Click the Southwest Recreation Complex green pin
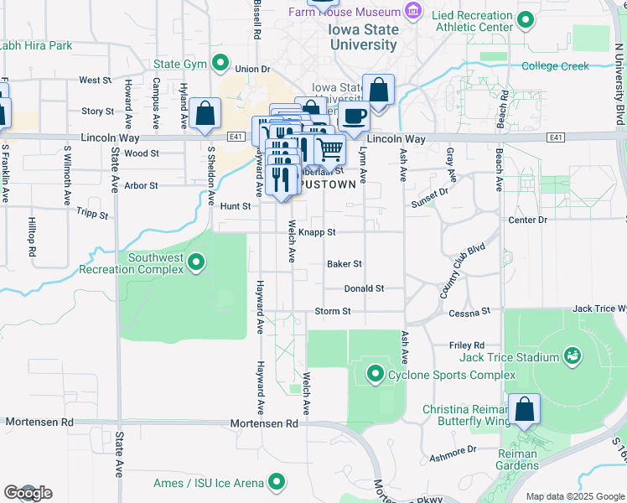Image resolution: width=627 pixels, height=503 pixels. click(196, 263)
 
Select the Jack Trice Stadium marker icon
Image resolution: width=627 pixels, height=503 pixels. click(573, 357)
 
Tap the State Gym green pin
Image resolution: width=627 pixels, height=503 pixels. click(220, 63)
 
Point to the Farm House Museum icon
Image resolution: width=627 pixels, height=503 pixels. click(413, 12)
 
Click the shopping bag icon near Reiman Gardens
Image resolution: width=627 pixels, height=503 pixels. click(524, 411)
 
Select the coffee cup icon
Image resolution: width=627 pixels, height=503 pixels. click(355, 116)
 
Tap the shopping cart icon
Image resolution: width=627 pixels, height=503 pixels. click(330, 150)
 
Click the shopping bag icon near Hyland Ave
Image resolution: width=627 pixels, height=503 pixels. click(205, 115)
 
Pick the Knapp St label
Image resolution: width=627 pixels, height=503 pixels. click(317, 232)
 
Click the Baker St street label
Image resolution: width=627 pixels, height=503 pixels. click(344, 263)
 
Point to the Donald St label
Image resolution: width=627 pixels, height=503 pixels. click(364, 288)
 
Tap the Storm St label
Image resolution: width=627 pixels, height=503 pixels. click(332, 312)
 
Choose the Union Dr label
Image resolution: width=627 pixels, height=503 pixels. click(253, 69)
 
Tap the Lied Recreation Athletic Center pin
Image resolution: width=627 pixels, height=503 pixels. click(525, 19)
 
